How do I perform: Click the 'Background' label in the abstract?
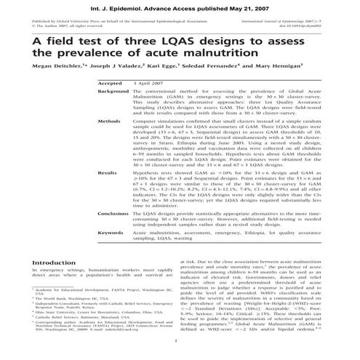coord(113,111)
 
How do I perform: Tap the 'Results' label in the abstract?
coord(108,193)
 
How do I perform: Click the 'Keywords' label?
coord(112,253)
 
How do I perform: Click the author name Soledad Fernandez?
coord(223,84)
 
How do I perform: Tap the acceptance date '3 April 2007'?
coord(150,104)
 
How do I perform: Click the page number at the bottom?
coord(180,340)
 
